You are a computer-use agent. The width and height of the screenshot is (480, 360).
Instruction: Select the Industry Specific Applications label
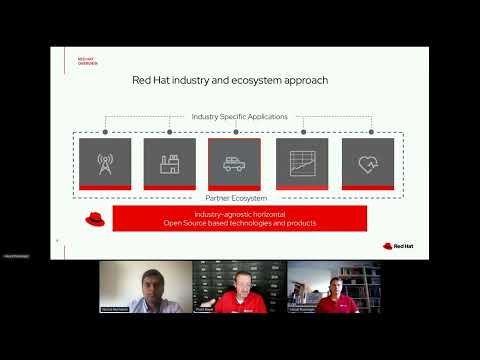(x=239, y=117)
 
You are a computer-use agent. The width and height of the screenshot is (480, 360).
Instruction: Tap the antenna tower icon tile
(x=105, y=163)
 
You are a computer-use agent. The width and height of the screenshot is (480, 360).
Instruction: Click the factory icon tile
(x=170, y=163)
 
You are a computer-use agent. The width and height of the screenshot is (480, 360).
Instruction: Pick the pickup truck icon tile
(x=235, y=163)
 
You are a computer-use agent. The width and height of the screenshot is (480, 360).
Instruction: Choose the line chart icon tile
(x=302, y=163)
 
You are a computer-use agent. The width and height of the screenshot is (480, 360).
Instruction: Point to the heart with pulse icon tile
(x=367, y=163)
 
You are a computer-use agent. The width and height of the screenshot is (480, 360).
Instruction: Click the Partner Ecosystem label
(x=239, y=198)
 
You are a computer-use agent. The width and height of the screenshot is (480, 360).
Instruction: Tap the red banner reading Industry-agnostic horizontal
(x=240, y=218)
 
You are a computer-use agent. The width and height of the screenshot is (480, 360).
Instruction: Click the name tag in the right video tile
(x=304, y=310)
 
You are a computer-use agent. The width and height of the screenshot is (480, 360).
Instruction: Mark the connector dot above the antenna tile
(x=105, y=131)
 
